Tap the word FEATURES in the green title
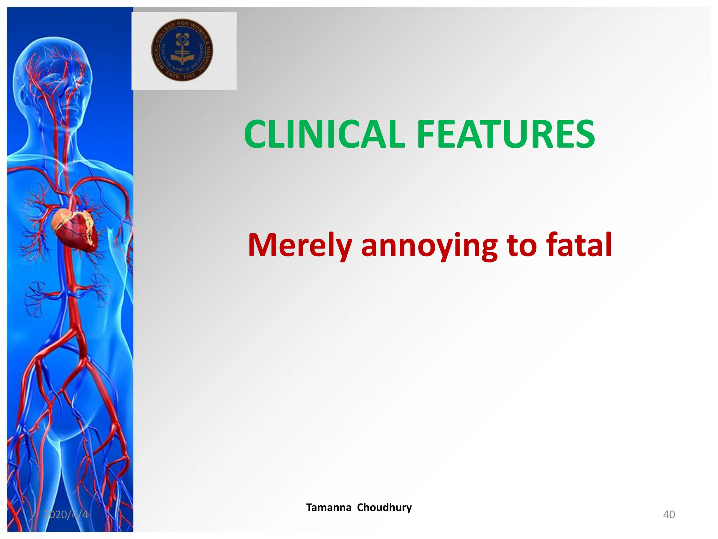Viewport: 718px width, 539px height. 506,134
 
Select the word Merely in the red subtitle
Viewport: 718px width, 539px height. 300,245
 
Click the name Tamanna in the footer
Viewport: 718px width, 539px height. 328,507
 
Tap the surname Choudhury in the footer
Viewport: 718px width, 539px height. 384,507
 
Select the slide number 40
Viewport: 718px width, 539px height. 669,514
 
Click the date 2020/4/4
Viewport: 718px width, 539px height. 66,514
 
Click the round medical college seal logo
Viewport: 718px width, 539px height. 182,50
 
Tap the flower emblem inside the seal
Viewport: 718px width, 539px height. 182,39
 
